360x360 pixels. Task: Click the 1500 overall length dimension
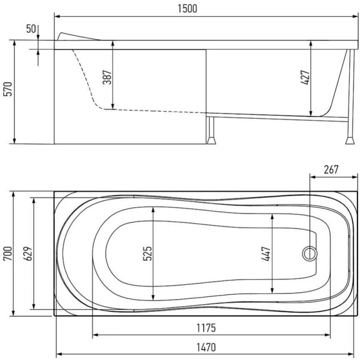(x=187, y=9)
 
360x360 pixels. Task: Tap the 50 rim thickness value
(x=31, y=29)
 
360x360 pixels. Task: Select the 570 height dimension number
(x=8, y=89)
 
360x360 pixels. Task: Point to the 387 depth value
(x=107, y=77)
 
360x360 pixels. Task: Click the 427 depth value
(x=305, y=77)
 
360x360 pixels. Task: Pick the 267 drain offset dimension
(x=331, y=170)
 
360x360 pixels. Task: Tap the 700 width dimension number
(x=8, y=253)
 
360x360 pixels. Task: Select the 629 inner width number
(x=28, y=253)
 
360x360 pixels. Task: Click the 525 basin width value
(x=147, y=253)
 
